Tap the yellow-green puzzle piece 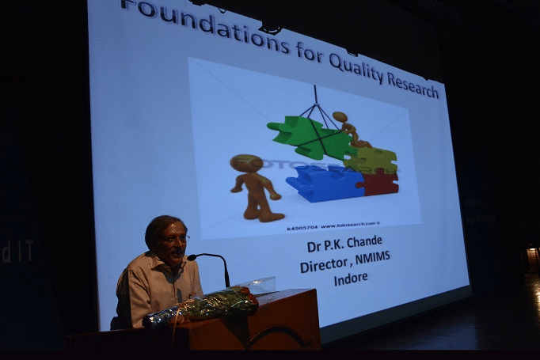click(371, 158)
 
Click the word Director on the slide click(325, 267)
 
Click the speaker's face click(173, 241)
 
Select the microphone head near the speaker click(192, 257)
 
